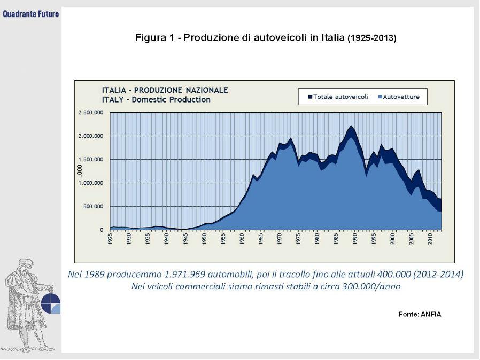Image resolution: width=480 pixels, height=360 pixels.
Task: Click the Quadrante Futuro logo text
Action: (x=30, y=13)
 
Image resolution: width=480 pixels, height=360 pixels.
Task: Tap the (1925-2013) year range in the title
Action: (x=372, y=38)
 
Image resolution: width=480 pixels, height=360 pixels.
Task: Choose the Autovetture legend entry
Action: (x=401, y=97)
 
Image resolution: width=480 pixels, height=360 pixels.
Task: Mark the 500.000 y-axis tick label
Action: (x=93, y=207)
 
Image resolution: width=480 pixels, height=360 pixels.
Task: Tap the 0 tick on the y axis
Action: (x=102, y=230)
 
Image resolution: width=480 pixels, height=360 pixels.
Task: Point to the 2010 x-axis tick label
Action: (x=430, y=239)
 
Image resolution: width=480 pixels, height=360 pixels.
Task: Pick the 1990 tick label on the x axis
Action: (x=355, y=239)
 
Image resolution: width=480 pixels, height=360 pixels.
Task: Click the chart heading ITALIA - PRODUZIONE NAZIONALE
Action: (x=165, y=90)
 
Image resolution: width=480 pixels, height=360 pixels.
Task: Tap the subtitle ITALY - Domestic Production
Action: (x=156, y=99)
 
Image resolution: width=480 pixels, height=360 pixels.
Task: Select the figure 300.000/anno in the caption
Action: (x=373, y=287)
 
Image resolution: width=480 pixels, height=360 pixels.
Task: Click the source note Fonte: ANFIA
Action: (x=420, y=314)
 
